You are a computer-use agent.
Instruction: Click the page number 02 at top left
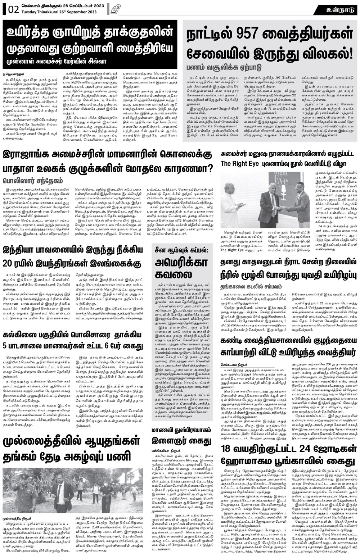(x=13, y=10)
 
